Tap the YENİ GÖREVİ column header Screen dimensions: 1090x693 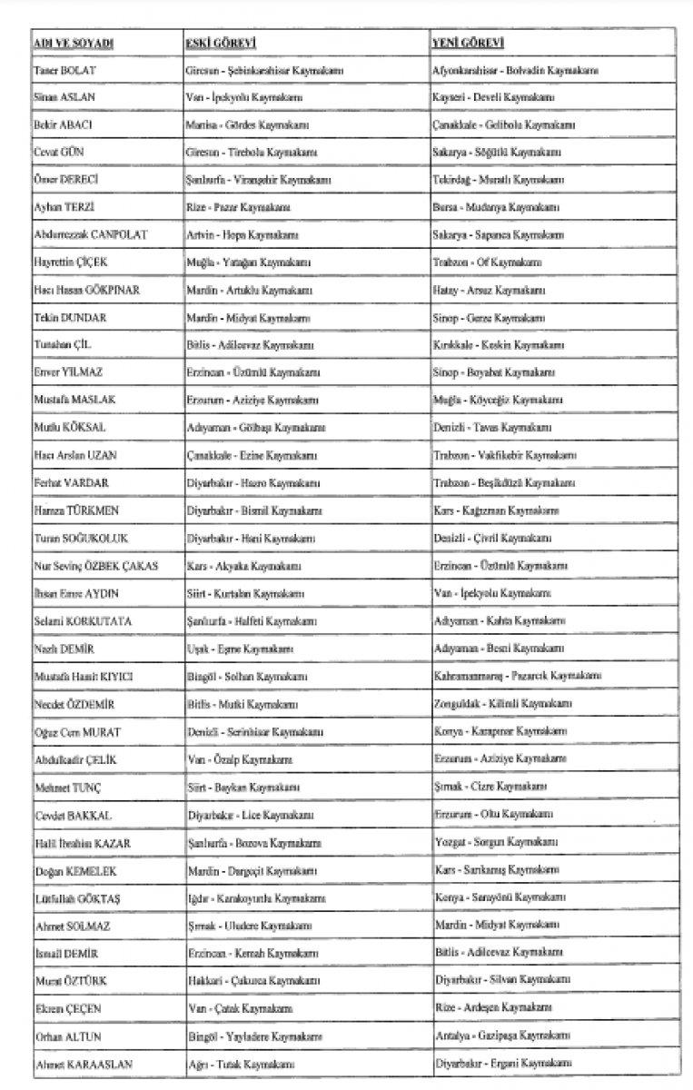pos(469,44)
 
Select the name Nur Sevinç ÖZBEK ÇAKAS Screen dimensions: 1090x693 pos(95,566)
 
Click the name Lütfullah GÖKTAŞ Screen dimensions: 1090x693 pos(79,897)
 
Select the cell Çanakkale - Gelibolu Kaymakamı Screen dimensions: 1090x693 pos(503,124)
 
